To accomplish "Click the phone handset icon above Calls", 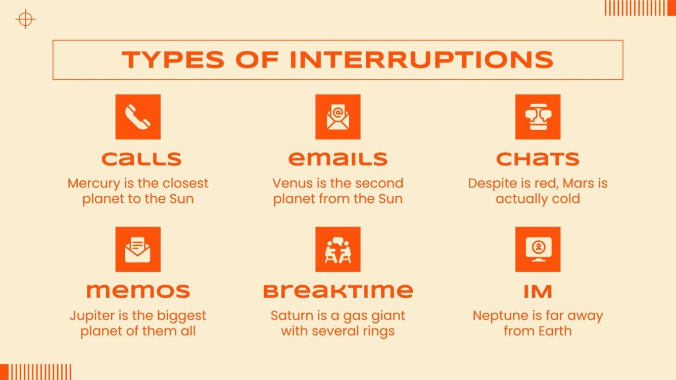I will point(138,117).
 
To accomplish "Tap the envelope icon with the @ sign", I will point(337,117).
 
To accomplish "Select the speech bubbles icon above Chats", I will point(538,117).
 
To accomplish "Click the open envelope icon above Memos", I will point(138,249).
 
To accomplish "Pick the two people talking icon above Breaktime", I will point(337,249).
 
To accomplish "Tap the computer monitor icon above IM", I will point(538,249).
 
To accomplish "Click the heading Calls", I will point(141,159).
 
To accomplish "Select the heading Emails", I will point(337,159).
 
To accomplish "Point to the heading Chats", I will point(538,159).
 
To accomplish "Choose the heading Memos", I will point(138,291).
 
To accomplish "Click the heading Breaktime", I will point(337,291).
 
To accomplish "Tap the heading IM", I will point(538,291).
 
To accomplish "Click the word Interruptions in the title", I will point(422,60).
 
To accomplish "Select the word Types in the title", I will point(173,60).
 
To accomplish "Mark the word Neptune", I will point(498,316).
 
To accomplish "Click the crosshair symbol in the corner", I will point(25,20).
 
